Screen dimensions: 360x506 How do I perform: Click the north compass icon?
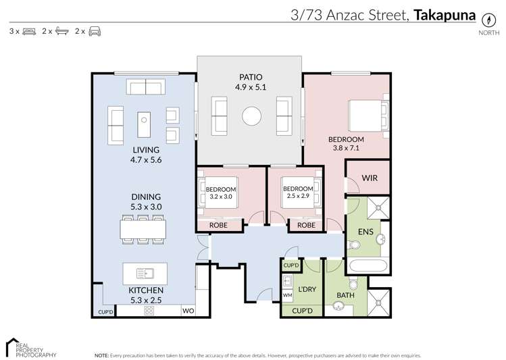click(x=484, y=20)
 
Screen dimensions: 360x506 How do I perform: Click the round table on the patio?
click(x=251, y=116)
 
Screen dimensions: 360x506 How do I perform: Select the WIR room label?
click(x=369, y=178)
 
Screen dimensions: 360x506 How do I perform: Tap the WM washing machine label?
click(x=286, y=296)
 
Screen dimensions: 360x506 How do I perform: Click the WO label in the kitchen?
click(x=188, y=311)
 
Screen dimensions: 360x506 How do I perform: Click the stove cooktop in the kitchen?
click(x=149, y=311)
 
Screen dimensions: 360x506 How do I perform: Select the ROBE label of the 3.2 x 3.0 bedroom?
click(x=218, y=226)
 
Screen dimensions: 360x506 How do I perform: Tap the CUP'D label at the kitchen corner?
click(x=105, y=312)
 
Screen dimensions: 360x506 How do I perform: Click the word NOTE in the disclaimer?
click(x=101, y=355)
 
